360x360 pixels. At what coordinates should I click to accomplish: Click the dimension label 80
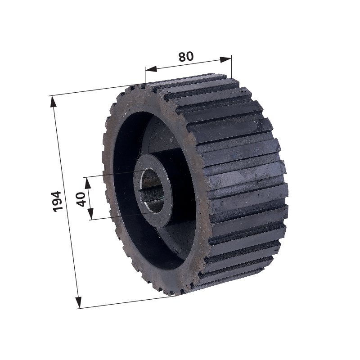(186, 57)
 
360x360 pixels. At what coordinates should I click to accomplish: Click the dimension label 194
(57, 201)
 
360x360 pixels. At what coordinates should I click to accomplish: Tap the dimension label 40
(81, 199)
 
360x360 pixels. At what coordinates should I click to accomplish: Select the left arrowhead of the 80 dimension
(151, 69)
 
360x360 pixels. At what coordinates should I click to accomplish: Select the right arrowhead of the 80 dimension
(226, 59)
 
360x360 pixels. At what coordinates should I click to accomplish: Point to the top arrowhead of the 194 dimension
(54, 101)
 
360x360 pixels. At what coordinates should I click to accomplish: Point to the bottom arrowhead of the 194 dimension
(78, 302)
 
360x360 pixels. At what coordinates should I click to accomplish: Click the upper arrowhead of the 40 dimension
(88, 183)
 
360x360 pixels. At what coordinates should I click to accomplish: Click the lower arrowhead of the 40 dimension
(91, 213)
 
